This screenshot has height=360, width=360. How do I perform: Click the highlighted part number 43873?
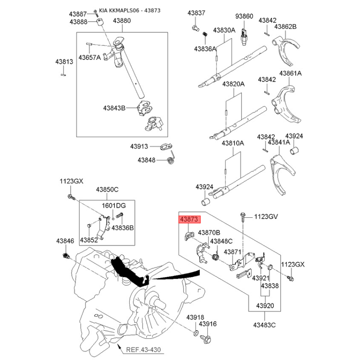189,219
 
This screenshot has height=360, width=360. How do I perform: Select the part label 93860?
244,16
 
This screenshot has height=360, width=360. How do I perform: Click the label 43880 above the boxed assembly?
121,21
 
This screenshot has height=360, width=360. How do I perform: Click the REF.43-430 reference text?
144,350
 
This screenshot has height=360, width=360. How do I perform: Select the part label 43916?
208,324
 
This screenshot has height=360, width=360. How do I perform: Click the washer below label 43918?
196,333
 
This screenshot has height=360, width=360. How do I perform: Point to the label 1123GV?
266,216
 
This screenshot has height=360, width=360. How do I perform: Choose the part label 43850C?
107,189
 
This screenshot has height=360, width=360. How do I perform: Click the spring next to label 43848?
171,159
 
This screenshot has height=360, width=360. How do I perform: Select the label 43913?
139,146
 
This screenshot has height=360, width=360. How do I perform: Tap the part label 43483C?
265,325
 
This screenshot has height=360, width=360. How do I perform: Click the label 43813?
64,62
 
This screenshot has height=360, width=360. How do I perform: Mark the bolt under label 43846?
66,256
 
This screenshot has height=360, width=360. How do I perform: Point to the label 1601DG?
114,206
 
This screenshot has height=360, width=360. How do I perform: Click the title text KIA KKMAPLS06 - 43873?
130,10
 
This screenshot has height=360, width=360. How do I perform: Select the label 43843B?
114,108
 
